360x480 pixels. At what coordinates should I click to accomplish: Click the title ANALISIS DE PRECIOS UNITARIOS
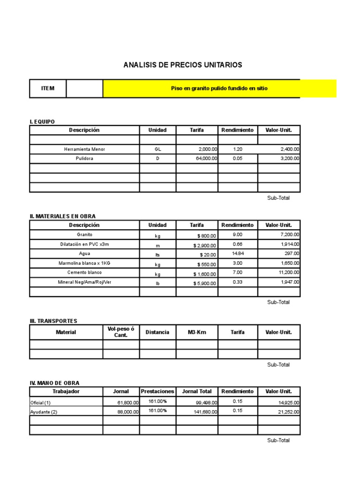tap(183, 65)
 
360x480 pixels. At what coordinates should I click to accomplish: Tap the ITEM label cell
tap(48, 89)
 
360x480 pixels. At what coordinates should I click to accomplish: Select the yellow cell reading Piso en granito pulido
tap(219, 89)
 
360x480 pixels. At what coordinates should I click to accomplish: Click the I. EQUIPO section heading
tap(42, 122)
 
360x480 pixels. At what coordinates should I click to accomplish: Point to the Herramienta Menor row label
tap(84, 149)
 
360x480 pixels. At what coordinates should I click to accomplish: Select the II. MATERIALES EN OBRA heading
tap(63, 216)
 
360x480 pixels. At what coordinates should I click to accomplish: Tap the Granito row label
tap(84, 234)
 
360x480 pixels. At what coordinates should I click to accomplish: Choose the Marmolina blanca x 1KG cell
tap(84, 263)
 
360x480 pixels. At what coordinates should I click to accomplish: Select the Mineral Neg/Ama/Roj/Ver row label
tap(84, 282)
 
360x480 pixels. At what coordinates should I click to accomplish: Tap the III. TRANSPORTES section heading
tap(53, 321)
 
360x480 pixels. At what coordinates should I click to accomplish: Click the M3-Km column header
tap(197, 332)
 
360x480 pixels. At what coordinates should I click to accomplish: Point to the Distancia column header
tap(157, 332)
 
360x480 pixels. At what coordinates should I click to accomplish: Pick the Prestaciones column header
tap(157, 391)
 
